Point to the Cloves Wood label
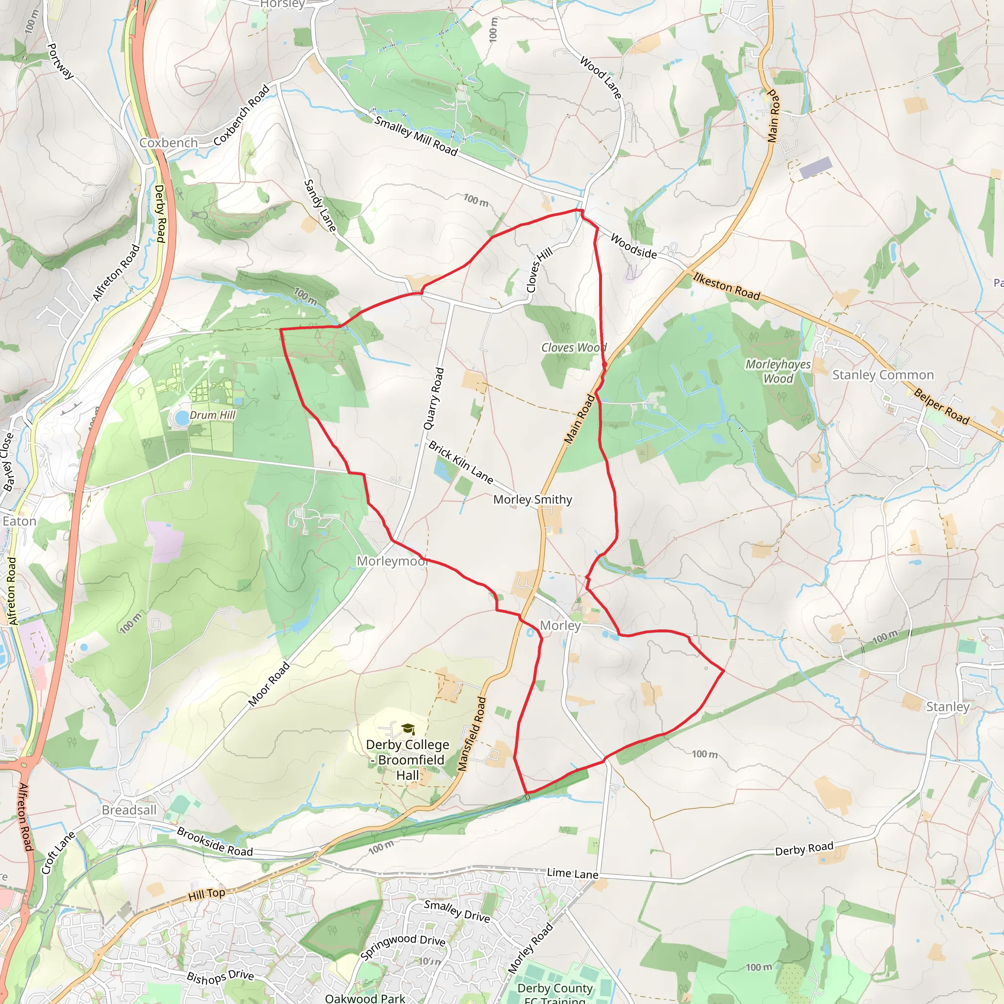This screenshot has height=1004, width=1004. [573, 347]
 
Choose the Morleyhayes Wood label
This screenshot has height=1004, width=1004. [778, 371]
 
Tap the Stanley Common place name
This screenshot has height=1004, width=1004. [883, 375]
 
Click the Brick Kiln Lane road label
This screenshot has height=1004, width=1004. [460, 462]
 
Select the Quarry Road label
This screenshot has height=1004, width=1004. [434, 399]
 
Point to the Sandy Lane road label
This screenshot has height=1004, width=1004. [320, 205]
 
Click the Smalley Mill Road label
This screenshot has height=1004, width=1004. [416, 136]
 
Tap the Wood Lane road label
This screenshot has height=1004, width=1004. [601, 77]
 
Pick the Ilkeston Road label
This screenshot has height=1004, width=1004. [727, 286]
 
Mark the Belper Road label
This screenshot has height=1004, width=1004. [941, 406]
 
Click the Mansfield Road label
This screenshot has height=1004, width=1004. [472, 734]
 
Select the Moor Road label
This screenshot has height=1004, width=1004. [269, 684]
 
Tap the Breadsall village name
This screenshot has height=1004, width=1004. [129, 810]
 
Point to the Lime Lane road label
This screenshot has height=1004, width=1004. [572, 874]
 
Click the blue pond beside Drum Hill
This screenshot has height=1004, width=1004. [182, 417]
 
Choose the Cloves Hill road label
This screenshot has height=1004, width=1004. [539, 270]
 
